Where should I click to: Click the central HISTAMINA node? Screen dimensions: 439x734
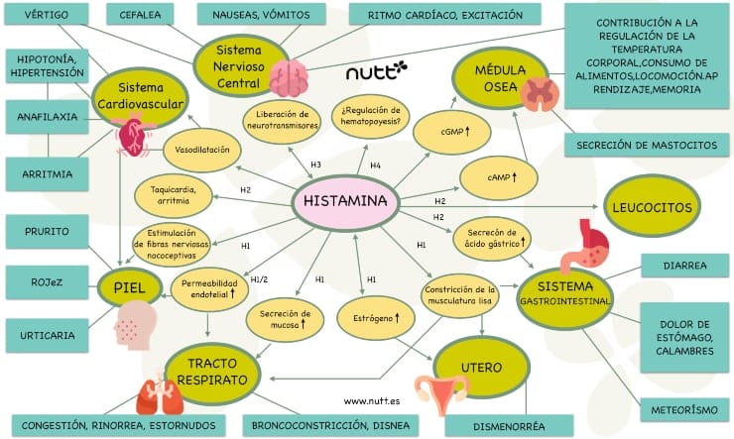[346, 204]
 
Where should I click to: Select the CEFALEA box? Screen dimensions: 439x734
[142, 16]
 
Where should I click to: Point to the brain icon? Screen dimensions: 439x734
[290, 76]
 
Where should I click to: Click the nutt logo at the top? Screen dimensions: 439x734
[376, 71]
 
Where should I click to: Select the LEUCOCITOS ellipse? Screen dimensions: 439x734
[652, 207]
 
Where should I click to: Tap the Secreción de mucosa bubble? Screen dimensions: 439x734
[285, 319]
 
